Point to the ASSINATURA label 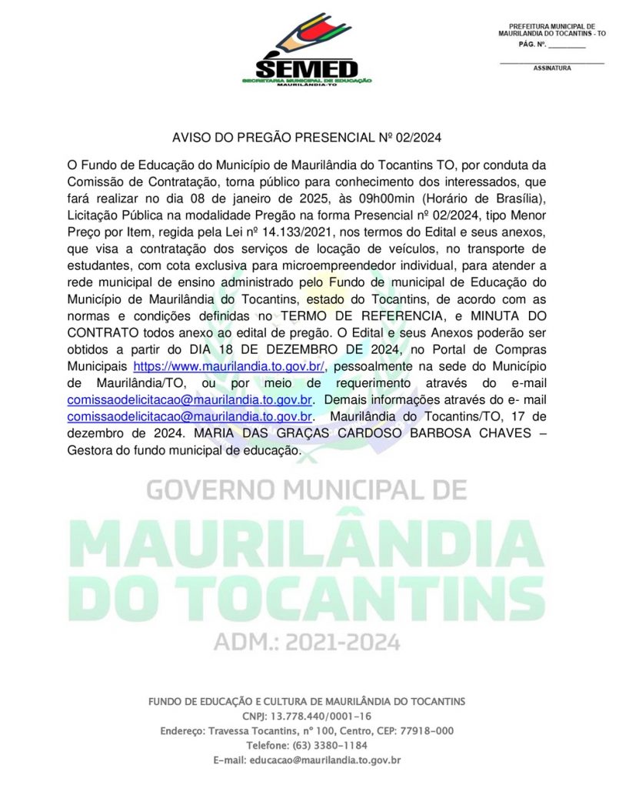[x=552, y=68]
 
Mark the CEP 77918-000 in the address [x=425, y=730]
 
